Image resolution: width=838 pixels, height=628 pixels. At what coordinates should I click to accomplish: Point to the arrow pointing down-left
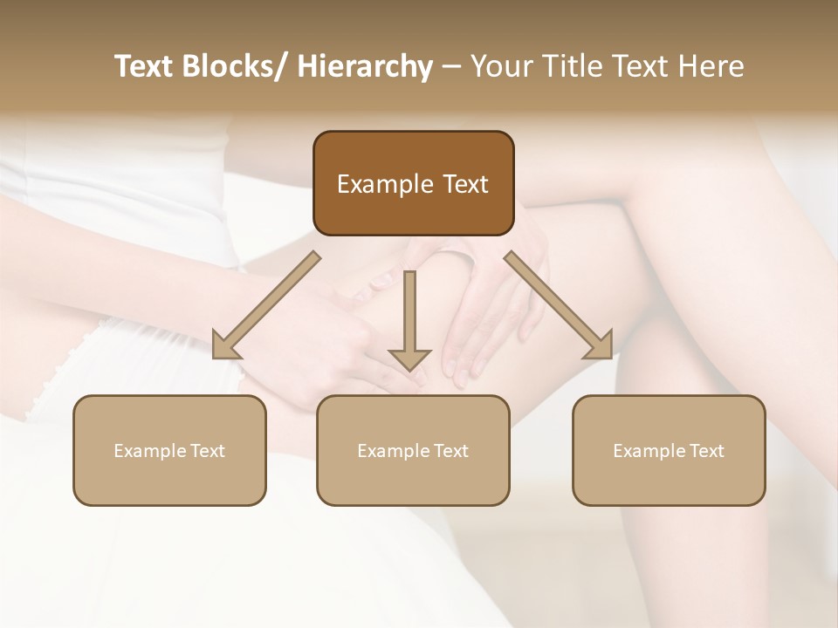[x=266, y=305]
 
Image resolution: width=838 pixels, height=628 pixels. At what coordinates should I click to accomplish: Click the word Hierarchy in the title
[x=365, y=66]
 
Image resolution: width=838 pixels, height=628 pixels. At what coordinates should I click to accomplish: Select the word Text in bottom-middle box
[x=450, y=451]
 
